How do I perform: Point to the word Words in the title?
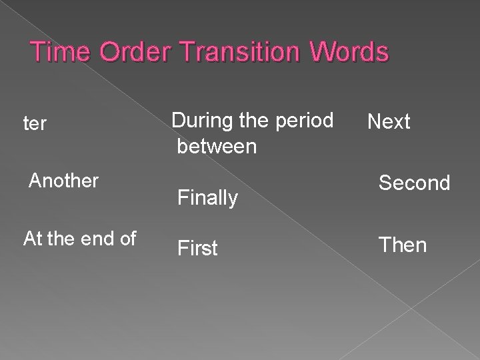pyautogui.click(x=345, y=53)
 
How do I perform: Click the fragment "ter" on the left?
pyautogui.click(x=35, y=124)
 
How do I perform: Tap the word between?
pyautogui.click(x=216, y=145)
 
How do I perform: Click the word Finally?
pyautogui.click(x=207, y=198)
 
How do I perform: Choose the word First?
pyautogui.click(x=197, y=249)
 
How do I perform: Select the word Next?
pyautogui.click(x=389, y=122)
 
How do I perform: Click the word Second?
pyautogui.click(x=414, y=183)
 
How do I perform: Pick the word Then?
pyautogui.click(x=403, y=245)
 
